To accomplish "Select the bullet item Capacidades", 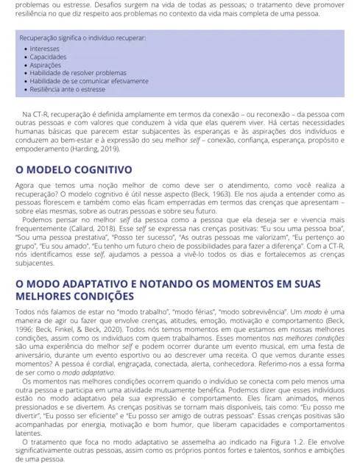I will [x=48, y=57].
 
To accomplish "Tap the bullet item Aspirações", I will [x=46, y=65].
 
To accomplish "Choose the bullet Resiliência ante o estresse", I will [x=67, y=89].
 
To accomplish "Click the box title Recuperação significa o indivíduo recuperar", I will [x=82, y=36].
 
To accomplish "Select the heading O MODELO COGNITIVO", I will [x=73, y=169].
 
